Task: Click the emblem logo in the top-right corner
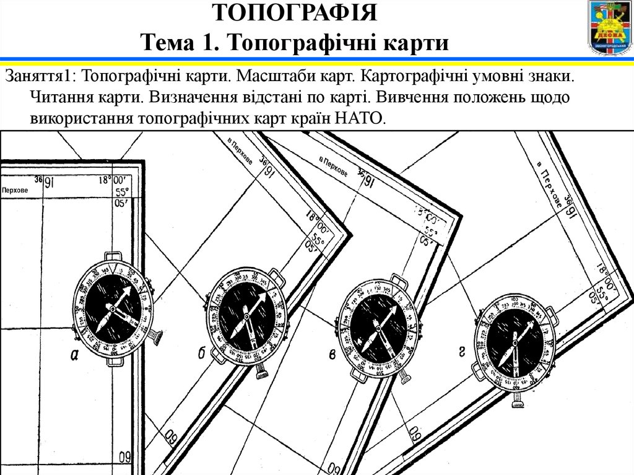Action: click(x=609, y=27)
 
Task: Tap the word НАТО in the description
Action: click(x=360, y=118)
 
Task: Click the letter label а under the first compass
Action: click(x=74, y=355)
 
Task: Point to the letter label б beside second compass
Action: click(x=202, y=354)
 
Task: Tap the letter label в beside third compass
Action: click(x=332, y=354)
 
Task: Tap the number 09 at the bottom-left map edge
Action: click(x=125, y=459)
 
